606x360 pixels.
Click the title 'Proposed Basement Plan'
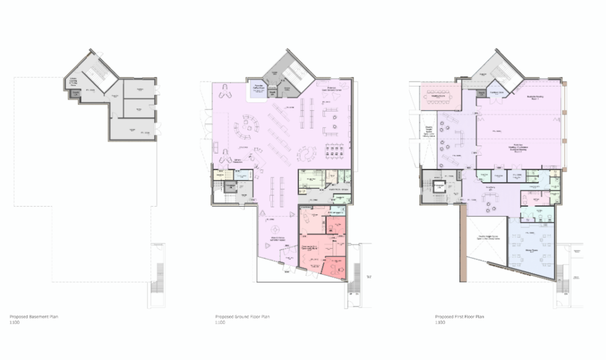tap(34, 317)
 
